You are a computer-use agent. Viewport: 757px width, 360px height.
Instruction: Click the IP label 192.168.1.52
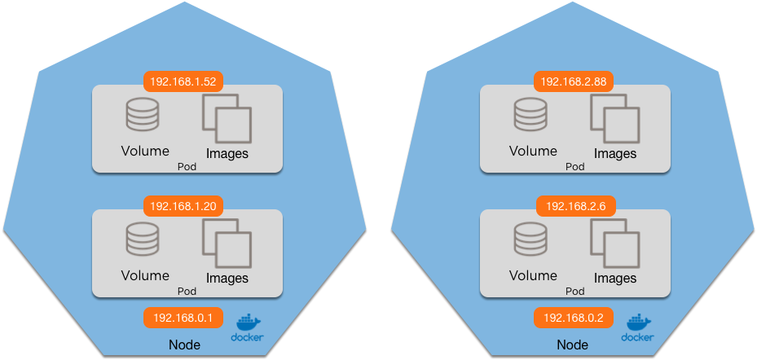coord(183,81)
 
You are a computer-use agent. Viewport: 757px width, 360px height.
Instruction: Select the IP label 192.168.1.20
coord(183,205)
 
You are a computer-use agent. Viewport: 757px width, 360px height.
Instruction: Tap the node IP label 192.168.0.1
coord(183,318)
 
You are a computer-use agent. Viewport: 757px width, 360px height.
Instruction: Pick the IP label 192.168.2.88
coord(573,81)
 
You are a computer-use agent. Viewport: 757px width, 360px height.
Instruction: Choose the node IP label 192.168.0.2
coord(573,318)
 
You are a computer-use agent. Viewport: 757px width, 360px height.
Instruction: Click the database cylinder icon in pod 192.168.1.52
coord(142,115)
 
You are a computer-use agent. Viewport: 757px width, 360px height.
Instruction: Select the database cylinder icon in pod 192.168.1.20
coord(142,239)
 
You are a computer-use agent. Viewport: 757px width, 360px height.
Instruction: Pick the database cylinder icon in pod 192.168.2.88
coord(530,115)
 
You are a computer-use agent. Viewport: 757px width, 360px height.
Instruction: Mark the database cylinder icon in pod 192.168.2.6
coord(530,239)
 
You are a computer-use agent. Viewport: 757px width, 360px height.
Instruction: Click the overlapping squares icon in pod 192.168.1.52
coord(227,118)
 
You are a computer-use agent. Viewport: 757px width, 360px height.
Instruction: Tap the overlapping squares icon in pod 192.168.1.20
coord(227,243)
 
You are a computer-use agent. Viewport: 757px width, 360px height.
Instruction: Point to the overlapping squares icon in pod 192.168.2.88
coord(615,118)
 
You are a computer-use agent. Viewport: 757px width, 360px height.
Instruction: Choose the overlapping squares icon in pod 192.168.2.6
coord(615,243)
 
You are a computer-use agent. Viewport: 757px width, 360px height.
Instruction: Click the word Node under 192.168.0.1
coord(184,345)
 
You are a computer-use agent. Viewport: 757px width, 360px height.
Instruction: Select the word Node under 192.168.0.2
coord(573,345)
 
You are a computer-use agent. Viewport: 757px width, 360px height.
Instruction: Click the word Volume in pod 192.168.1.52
coord(145,151)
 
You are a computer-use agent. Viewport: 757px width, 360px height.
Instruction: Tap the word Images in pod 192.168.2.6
coord(615,279)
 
